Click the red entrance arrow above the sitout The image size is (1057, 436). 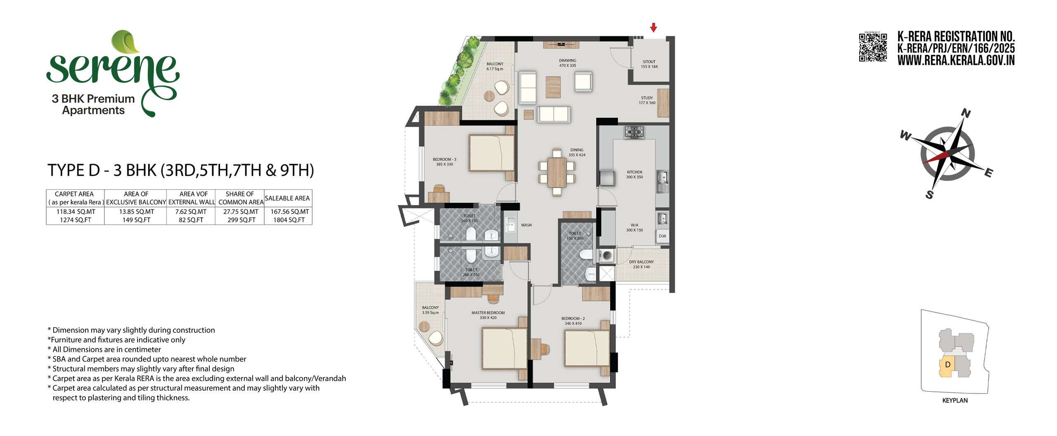(x=653, y=27)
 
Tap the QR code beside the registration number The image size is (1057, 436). (x=873, y=47)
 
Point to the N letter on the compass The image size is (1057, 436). (x=966, y=113)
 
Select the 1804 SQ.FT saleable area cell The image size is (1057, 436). (x=289, y=220)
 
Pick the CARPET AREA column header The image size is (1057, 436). (x=74, y=194)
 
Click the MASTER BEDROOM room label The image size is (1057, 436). (x=488, y=313)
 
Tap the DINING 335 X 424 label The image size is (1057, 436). (x=577, y=152)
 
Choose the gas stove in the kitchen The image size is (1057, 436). (x=634, y=132)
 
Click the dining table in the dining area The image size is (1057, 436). (x=557, y=172)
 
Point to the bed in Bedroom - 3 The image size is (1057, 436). (x=492, y=153)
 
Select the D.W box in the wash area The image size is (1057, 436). (x=662, y=236)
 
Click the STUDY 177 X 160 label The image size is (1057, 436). (x=647, y=100)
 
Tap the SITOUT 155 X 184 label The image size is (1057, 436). (x=649, y=64)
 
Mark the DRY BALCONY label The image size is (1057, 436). (x=641, y=262)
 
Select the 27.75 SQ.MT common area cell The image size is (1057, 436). (x=241, y=212)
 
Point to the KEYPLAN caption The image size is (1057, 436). (x=955, y=400)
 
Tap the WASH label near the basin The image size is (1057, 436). (x=526, y=225)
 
